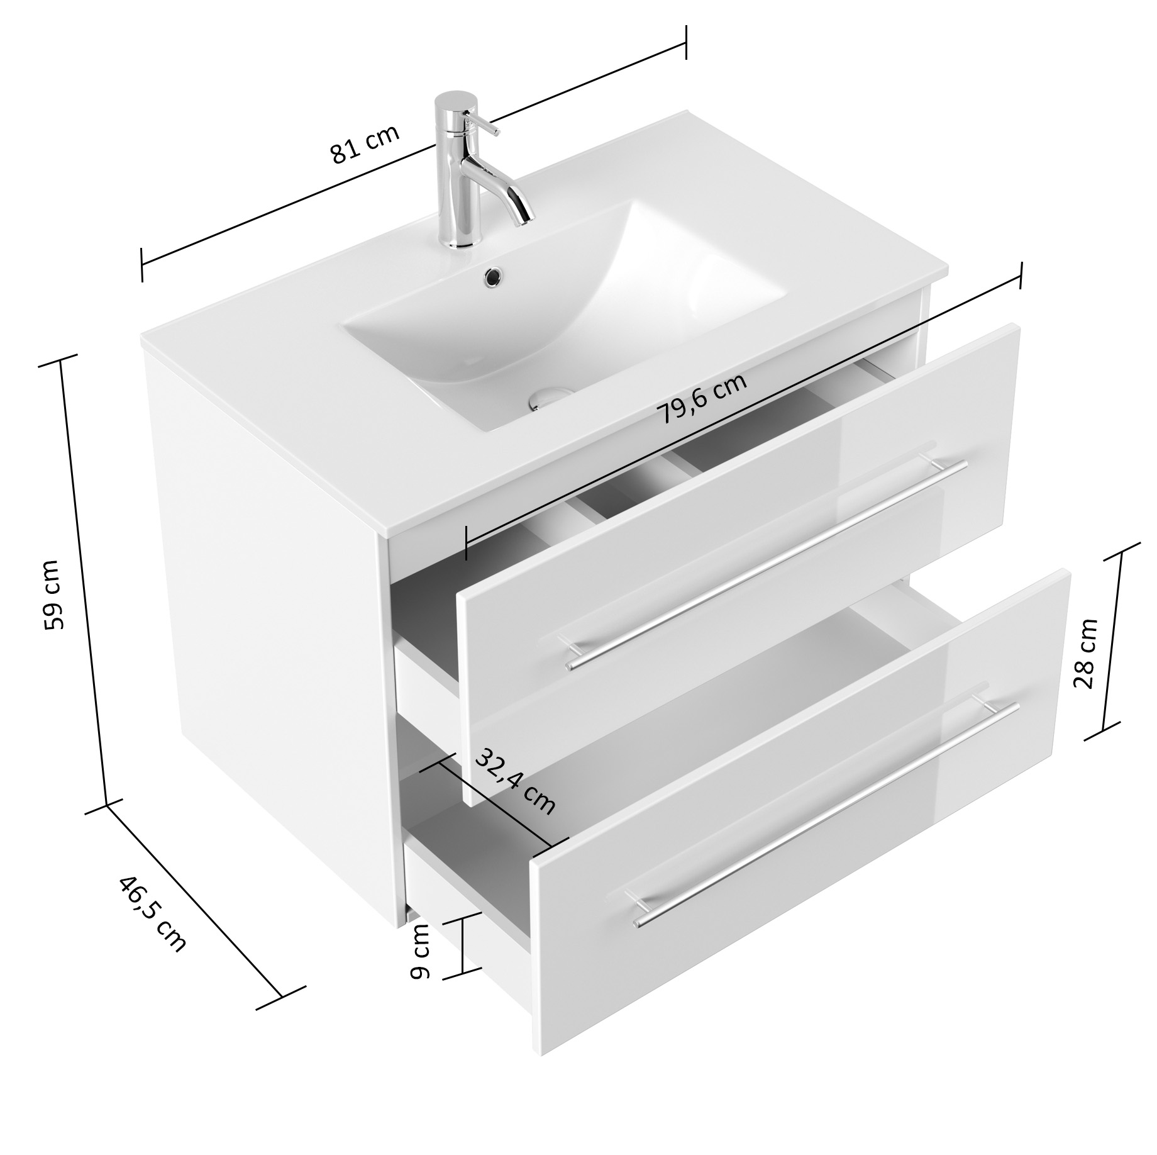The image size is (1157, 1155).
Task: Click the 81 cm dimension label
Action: [x=365, y=145]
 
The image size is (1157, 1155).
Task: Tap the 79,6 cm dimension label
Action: [x=702, y=398]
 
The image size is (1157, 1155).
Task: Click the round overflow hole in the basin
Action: [x=492, y=276]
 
